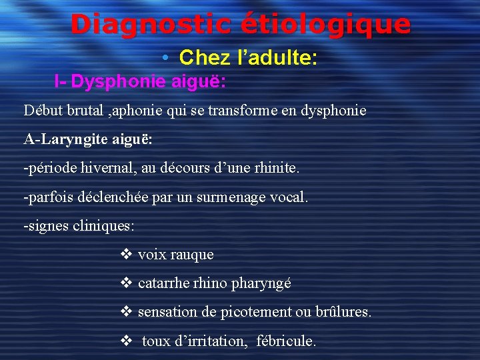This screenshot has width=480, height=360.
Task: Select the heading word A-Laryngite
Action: tap(63, 140)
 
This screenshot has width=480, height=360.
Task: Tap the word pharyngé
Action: tap(261, 283)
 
